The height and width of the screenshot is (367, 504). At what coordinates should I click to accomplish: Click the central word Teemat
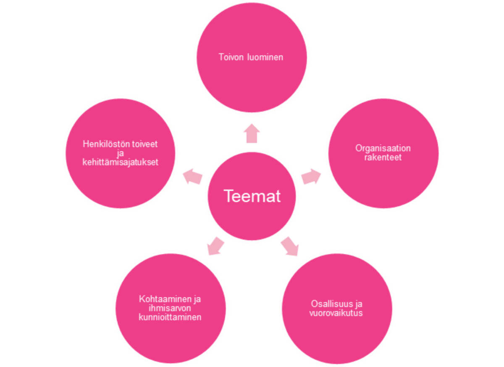(252, 196)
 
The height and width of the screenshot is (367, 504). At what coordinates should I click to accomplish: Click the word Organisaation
(383, 148)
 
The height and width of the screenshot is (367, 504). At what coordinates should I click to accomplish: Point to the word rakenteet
(383, 157)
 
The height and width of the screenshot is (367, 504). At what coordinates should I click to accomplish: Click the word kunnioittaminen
(170, 317)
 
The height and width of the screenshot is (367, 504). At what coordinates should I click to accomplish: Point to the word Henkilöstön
(104, 144)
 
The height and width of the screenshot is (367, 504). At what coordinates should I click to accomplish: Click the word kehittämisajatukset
(121, 162)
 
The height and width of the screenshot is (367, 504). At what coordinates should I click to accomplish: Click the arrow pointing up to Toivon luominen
(252, 133)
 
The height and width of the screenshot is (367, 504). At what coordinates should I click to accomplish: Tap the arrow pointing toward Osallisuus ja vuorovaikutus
(290, 246)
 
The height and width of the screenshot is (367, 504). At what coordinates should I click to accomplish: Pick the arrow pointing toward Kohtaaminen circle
(215, 245)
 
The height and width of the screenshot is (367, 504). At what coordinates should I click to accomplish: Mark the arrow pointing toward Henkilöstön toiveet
(193, 176)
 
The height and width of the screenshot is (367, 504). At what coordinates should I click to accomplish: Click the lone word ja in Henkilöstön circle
(121, 154)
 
